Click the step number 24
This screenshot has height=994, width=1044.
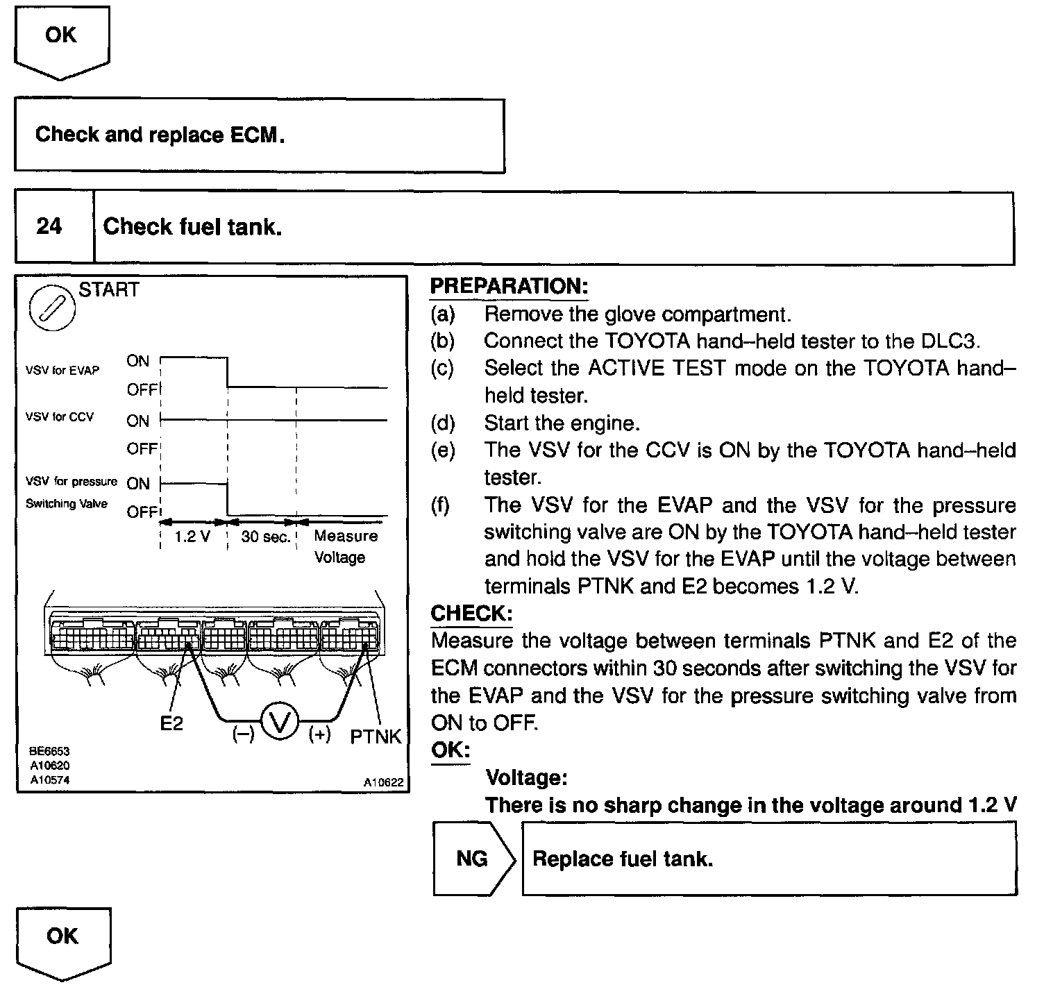pos(49,226)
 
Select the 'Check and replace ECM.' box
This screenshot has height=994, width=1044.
pos(259,135)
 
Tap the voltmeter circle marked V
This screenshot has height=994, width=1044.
pos(280,722)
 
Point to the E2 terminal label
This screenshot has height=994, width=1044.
pos(171,723)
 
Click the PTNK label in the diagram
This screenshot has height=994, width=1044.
pos(376,736)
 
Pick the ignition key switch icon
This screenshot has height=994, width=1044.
pos(52,308)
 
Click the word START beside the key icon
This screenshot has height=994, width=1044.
pos(109,289)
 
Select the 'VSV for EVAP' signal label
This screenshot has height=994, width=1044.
pos(62,371)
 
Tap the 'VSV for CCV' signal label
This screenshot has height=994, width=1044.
pos(60,417)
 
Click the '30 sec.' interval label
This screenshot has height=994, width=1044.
pos(265,537)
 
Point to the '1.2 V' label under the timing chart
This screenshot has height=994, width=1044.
pos(192,537)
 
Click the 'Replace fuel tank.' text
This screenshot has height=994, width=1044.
pos(623,859)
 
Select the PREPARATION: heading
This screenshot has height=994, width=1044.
pos(509,286)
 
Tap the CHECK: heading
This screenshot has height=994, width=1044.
pos(471,614)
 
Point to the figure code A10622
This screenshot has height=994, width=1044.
pos(383,782)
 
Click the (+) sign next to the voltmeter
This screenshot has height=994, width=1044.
pos(319,734)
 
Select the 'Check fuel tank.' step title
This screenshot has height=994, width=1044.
pos(193,227)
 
